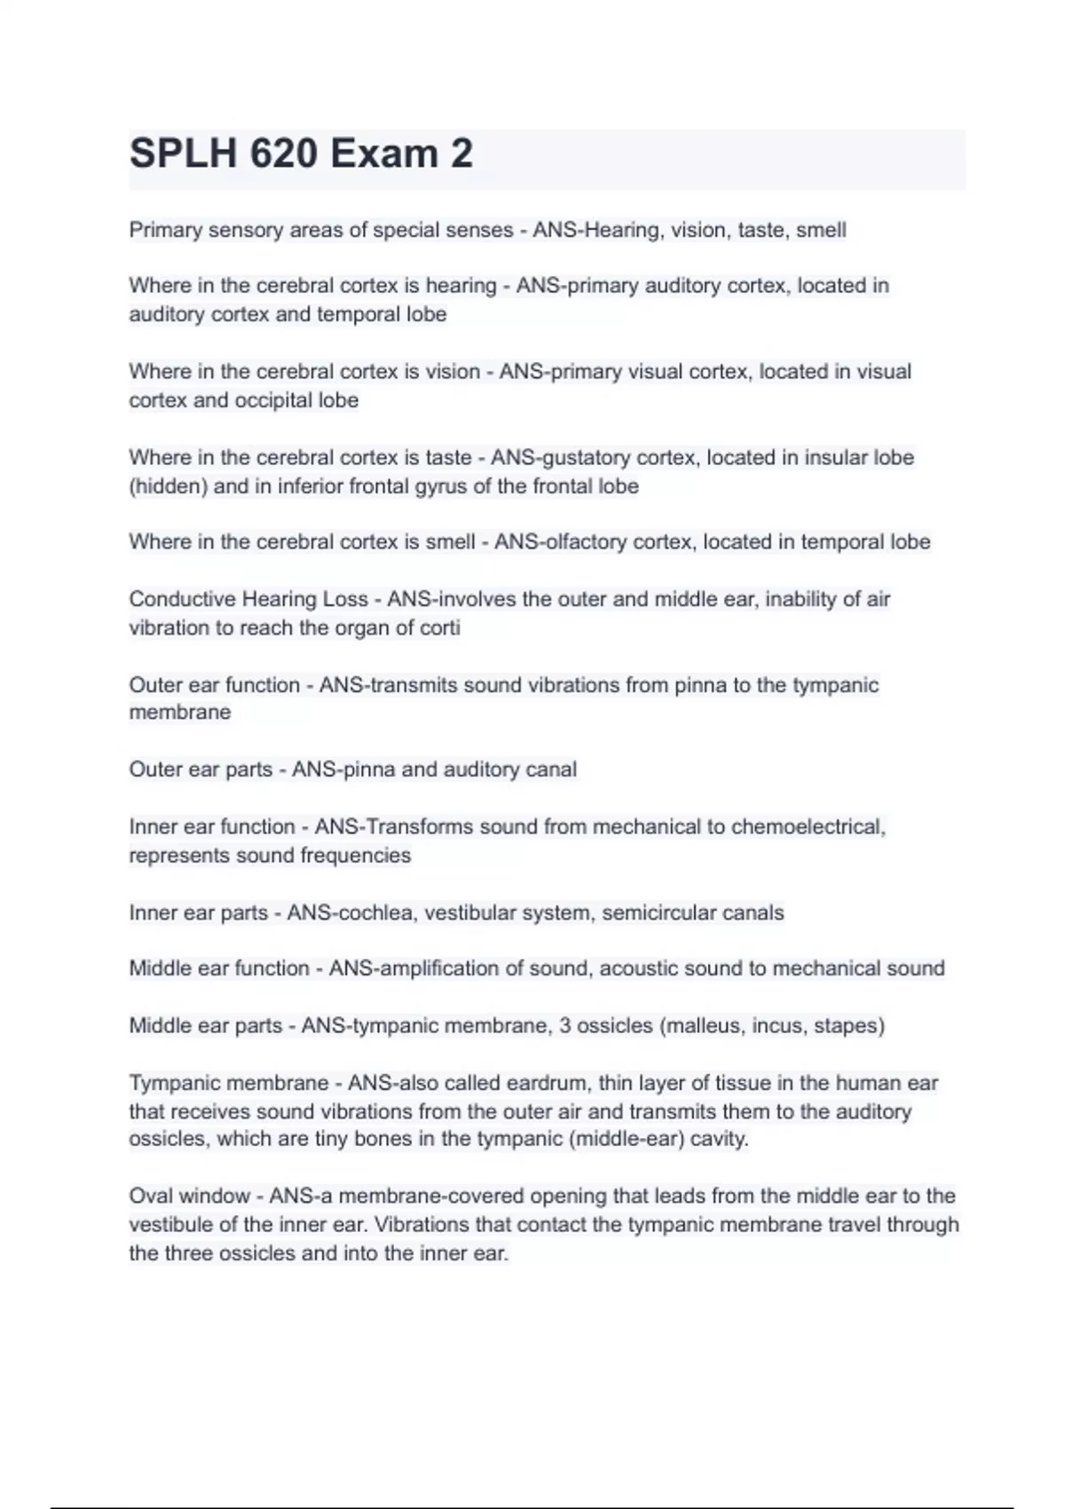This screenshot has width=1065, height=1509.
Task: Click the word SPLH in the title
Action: (x=183, y=154)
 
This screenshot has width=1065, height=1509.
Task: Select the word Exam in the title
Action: (x=383, y=154)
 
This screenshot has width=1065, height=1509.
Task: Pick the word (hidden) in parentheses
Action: (x=168, y=486)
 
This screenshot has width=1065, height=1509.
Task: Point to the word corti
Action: (x=441, y=628)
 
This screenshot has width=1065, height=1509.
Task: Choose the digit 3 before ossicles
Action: (x=564, y=1026)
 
